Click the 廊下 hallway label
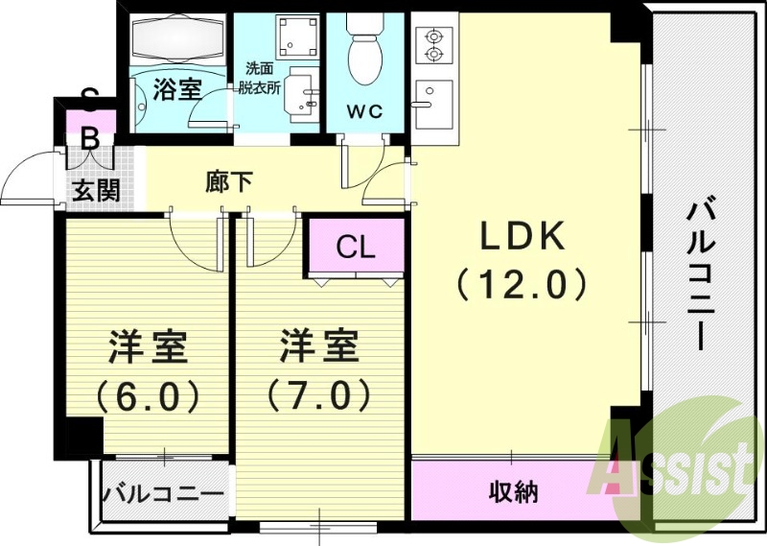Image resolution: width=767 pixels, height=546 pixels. tap(229, 181)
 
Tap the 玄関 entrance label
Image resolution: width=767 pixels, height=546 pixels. tap(97, 190)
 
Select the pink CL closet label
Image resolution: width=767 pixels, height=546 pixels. tap(356, 247)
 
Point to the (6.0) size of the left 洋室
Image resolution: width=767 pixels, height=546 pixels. tap(147, 393)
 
